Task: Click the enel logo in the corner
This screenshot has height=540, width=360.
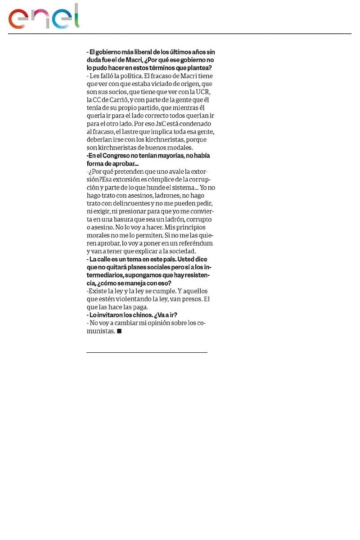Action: coord(44,17)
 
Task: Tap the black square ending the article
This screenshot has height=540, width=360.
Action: coord(119,331)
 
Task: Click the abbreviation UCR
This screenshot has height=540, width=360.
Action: coord(203,92)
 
